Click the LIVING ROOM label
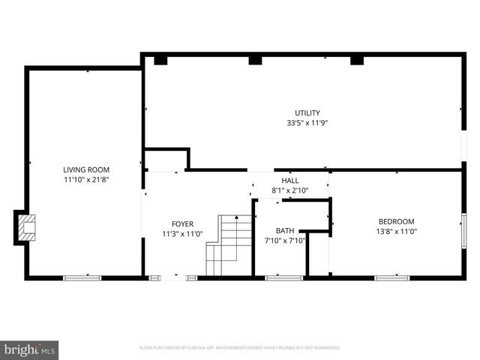[86, 170]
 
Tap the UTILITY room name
[307, 113]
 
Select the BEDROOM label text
[396, 221]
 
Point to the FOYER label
[182, 223]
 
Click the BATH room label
[285, 231]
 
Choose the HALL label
[289, 181]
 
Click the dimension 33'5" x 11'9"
[307, 123]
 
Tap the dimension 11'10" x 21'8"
[86, 180]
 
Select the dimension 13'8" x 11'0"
[396, 231]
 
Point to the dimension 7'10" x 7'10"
[285, 241]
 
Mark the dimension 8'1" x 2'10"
[289, 190]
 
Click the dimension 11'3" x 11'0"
[182, 233]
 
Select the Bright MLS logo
[30, 349]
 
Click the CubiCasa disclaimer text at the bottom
[240, 348]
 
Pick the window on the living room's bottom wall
[82, 278]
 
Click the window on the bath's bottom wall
[284, 278]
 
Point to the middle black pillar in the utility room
[255, 59]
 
